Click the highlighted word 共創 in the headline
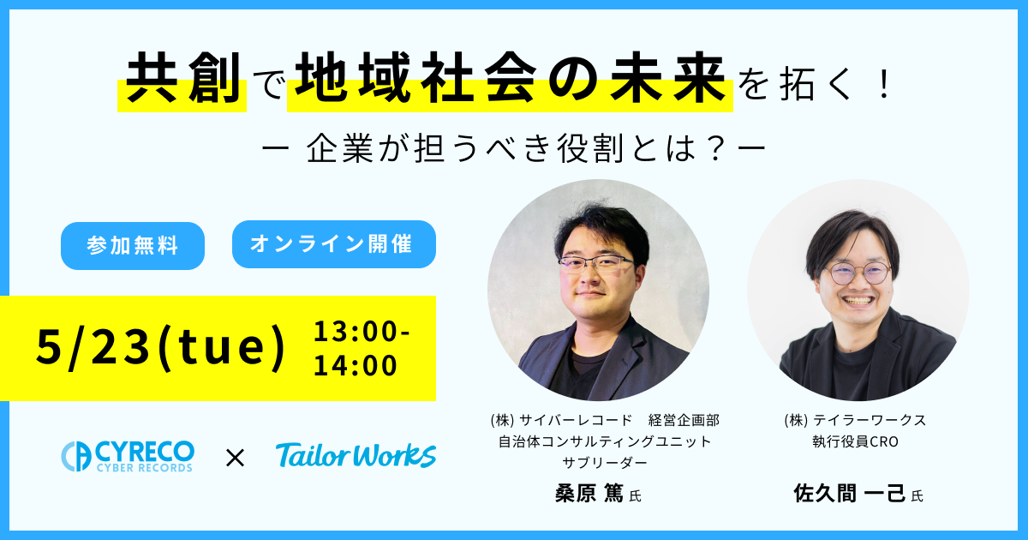183,77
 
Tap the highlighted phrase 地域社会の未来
511,77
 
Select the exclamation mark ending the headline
884,82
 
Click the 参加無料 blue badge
133,246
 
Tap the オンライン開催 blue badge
333,243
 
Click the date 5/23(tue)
161,348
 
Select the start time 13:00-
362,331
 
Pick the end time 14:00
356,365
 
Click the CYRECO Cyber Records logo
128,456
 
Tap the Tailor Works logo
356,455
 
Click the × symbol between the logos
236,458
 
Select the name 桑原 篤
589,494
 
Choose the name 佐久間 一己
850,494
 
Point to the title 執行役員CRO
855,441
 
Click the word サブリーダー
605,462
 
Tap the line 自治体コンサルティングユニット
605,441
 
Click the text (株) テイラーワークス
855,420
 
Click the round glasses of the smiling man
858,273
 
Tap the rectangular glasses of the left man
596,264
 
